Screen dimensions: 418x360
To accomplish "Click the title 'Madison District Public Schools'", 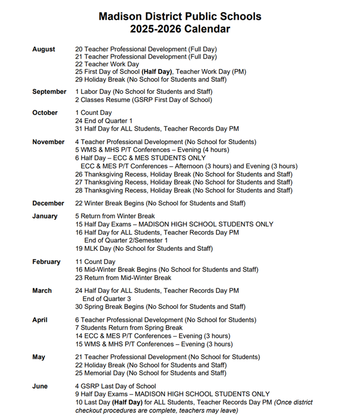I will (x=179, y=17).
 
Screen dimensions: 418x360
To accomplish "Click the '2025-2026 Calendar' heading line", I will (x=179, y=29).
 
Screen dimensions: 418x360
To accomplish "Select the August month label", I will (x=44, y=50).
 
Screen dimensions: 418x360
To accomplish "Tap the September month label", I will (x=49, y=92).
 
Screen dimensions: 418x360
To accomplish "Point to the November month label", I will (x=48, y=142).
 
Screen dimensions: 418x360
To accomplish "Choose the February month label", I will (x=46, y=262).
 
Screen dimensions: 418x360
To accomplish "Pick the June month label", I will (x=40, y=386).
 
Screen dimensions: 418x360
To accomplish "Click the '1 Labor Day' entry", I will (x=144, y=92).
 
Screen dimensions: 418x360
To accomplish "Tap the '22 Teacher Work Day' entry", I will (x=107, y=65).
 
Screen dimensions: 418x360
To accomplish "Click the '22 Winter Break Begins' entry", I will (x=160, y=203).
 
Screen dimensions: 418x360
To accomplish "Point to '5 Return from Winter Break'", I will (x=115, y=216).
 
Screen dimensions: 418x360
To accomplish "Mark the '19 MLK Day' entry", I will (x=144, y=249).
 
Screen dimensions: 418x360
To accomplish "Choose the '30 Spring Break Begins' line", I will (x=160, y=307).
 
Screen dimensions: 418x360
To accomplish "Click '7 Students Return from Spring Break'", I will (x=129, y=328).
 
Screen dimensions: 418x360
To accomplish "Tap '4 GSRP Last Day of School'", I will (x=115, y=386).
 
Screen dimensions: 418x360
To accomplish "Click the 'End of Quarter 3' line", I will (x=107, y=299).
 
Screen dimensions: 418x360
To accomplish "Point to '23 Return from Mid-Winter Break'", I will (x=123, y=278).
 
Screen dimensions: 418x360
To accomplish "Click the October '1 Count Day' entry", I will (x=93, y=113).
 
